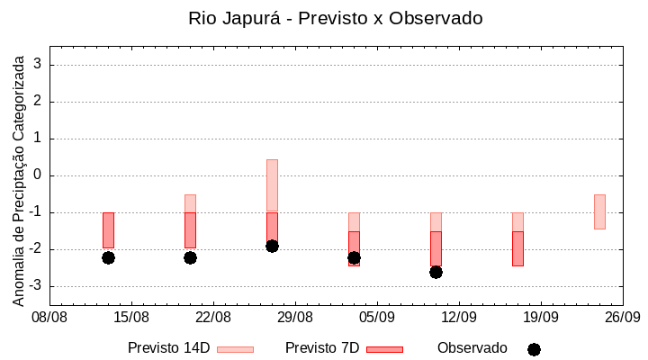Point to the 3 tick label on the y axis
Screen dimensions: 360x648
coord(39,65)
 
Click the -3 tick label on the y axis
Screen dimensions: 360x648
coord(36,286)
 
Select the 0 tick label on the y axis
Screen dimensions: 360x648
coord(39,175)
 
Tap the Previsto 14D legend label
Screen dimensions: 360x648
coord(168,348)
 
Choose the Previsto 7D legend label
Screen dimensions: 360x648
coord(322,348)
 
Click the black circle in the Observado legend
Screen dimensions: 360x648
coord(534,349)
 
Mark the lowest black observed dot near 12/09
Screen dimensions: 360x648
coord(436,272)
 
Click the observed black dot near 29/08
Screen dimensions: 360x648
coord(272,246)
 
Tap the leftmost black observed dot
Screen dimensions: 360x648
coord(108,257)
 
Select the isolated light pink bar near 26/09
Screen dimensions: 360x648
coord(599,211)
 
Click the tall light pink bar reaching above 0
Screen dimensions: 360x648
coord(272,184)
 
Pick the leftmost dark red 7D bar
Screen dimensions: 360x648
coord(108,229)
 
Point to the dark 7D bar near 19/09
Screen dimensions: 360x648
coord(517,248)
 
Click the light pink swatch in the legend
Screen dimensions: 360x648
coord(235,349)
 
